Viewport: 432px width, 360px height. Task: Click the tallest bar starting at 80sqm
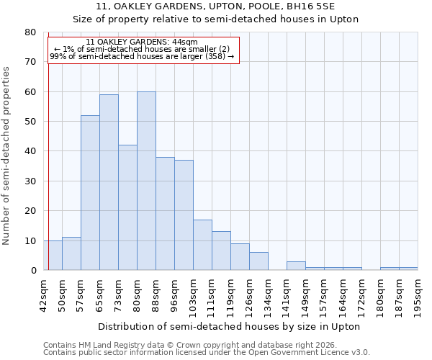[x=146, y=181]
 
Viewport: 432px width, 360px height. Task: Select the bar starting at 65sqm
[x=109, y=182]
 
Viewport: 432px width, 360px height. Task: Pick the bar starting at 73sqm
[x=127, y=207]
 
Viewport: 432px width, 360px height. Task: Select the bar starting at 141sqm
[x=296, y=266]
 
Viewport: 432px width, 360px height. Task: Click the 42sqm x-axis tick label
[x=44, y=294]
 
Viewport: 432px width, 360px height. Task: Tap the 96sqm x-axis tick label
[x=174, y=294]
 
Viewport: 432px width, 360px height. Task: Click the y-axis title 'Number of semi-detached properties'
[x=7, y=156]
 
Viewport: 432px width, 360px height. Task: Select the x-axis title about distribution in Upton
[x=229, y=326]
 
